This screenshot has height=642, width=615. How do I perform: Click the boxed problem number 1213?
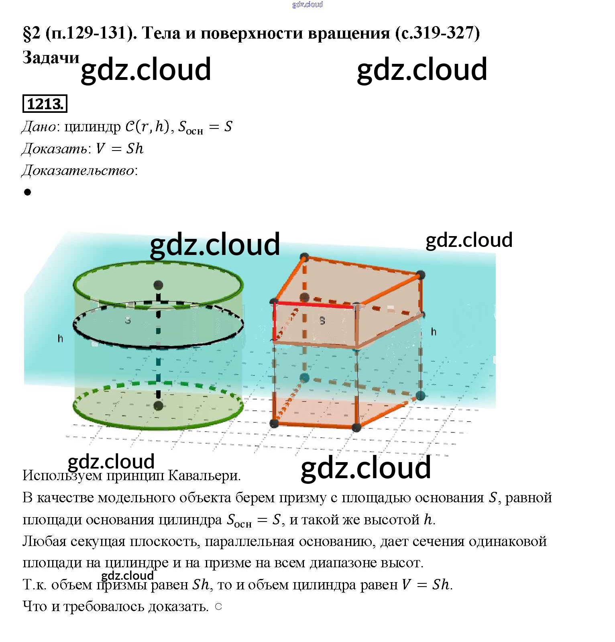(x=45, y=104)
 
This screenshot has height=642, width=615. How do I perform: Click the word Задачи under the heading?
(x=51, y=57)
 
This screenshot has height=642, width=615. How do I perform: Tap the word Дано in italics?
(x=39, y=127)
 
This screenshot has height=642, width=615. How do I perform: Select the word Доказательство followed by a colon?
(x=78, y=171)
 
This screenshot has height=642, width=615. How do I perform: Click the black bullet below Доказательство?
(x=27, y=192)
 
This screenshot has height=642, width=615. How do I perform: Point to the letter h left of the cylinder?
(x=60, y=338)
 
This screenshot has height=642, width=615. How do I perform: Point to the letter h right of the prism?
(x=434, y=332)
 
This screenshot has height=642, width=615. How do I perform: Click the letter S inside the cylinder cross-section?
(x=128, y=320)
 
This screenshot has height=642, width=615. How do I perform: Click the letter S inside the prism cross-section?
(x=322, y=320)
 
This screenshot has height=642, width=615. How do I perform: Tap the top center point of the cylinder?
(x=158, y=285)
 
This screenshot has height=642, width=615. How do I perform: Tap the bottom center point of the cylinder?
(x=158, y=406)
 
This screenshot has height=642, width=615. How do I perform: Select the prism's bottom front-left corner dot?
(x=274, y=423)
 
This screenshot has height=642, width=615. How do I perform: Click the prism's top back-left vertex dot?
(x=304, y=256)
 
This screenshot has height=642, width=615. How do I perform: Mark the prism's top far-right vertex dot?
(x=420, y=275)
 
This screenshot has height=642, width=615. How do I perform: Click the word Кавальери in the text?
(x=204, y=475)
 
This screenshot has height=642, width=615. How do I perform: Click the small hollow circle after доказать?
(x=218, y=606)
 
